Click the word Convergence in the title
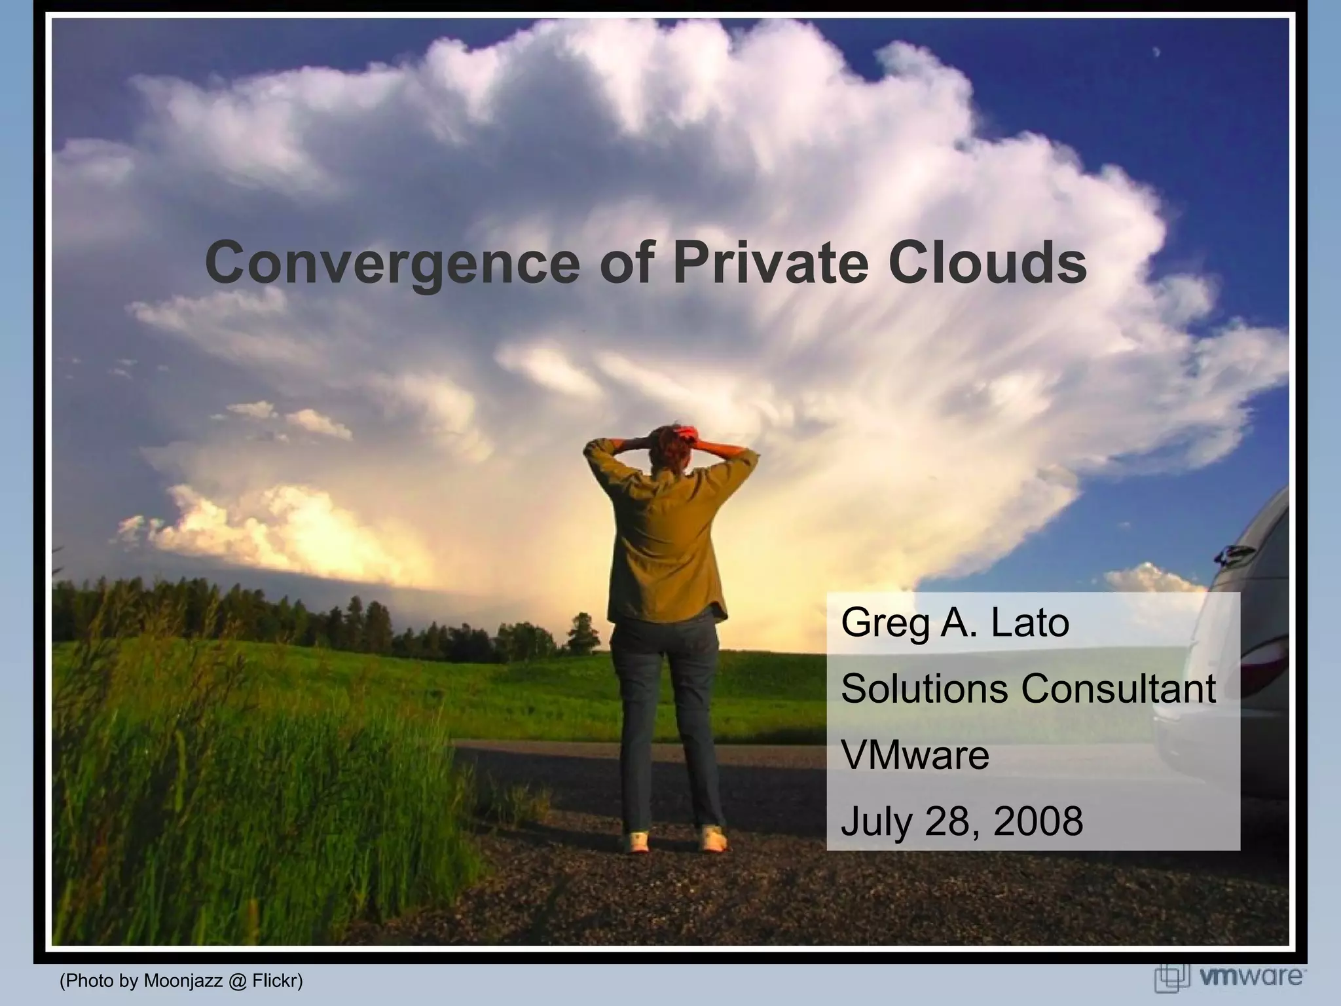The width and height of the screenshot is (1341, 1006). coord(392,263)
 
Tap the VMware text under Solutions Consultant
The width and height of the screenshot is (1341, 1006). coord(915,755)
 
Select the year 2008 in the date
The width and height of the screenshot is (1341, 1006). coord(1038,821)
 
